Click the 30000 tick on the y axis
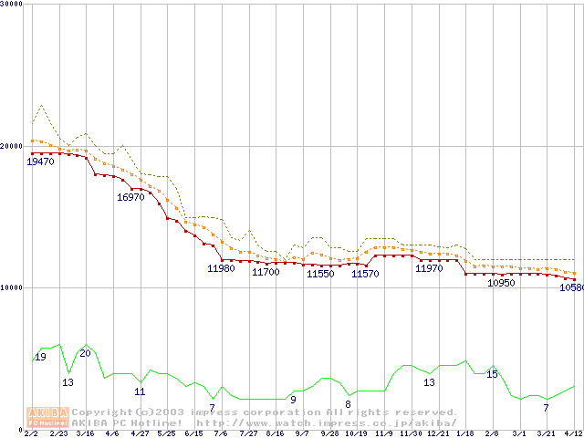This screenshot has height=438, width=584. pyautogui.click(x=13, y=5)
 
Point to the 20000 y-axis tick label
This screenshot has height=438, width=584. pyautogui.click(x=13, y=146)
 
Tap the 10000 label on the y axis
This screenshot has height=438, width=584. pyautogui.click(x=13, y=287)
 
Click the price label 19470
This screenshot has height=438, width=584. pyautogui.click(x=40, y=162)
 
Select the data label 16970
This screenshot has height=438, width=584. pyautogui.click(x=130, y=197)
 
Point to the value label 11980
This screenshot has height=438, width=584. pyautogui.click(x=222, y=268)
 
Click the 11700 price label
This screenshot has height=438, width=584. pyautogui.click(x=266, y=272)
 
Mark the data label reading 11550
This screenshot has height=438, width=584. pyautogui.click(x=319, y=274)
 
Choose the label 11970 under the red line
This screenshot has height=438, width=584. pyautogui.click(x=429, y=268)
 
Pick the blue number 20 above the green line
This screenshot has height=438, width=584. pyautogui.click(x=85, y=353)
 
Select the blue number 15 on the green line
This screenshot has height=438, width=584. pyautogui.click(x=492, y=374)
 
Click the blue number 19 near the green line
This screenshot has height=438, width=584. pyautogui.click(x=40, y=357)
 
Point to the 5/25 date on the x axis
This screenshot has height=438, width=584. pyautogui.click(x=166, y=433)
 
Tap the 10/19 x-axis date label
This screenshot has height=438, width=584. pyautogui.click(x=357, y=433)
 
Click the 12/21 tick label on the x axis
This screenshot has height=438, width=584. pyautogui.click(x=438, y=433)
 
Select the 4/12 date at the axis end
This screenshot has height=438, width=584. pyautogui.click(x=574, y=433)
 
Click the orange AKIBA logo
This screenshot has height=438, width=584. pyautogui.click(x=47, y=416)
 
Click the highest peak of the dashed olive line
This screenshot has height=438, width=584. pyautogui.click(x=41, y=105)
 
